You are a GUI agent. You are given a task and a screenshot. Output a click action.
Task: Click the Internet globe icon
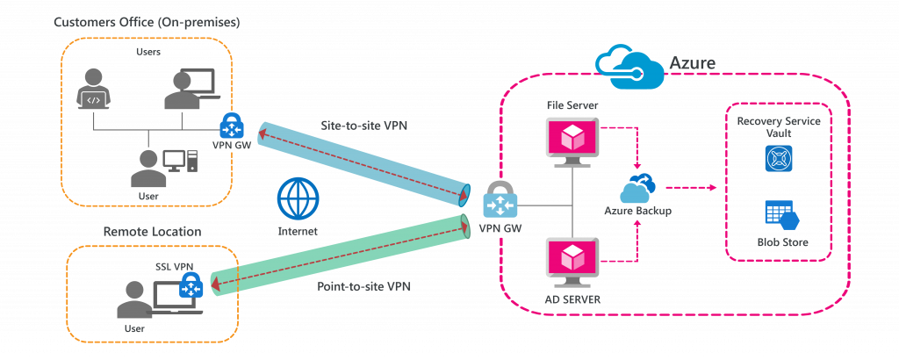click(x=298, y=200)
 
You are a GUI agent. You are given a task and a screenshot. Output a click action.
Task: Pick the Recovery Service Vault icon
click(x=779, y=158)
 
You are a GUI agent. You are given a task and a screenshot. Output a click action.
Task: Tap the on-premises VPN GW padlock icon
click(x=231, y=126)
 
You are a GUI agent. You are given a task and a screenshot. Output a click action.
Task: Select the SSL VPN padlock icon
click(x=191, y=284)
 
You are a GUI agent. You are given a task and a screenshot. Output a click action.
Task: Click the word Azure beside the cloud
click(x=692, y=63)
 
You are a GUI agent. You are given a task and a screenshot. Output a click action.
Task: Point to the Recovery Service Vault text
click(x=779, y=126)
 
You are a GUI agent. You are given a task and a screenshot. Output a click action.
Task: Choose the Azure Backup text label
click(x=637, y=212)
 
